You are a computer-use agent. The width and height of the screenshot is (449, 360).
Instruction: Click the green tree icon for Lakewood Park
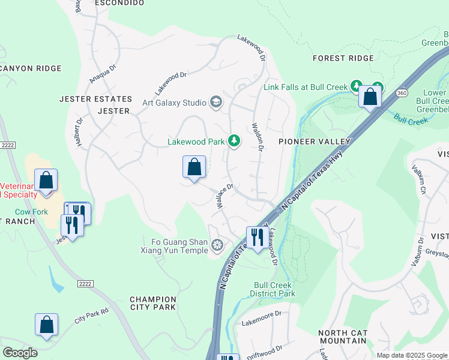point(234,142)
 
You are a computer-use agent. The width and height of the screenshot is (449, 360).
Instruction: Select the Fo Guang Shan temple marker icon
point(217,244)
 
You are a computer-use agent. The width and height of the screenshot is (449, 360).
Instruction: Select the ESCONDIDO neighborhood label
point(120,3)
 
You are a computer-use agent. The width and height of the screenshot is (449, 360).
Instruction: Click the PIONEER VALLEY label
point(314,141)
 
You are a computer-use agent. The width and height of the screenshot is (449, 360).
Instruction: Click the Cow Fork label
point(31,212)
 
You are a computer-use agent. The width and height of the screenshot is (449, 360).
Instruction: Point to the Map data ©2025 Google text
point(411,355)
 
